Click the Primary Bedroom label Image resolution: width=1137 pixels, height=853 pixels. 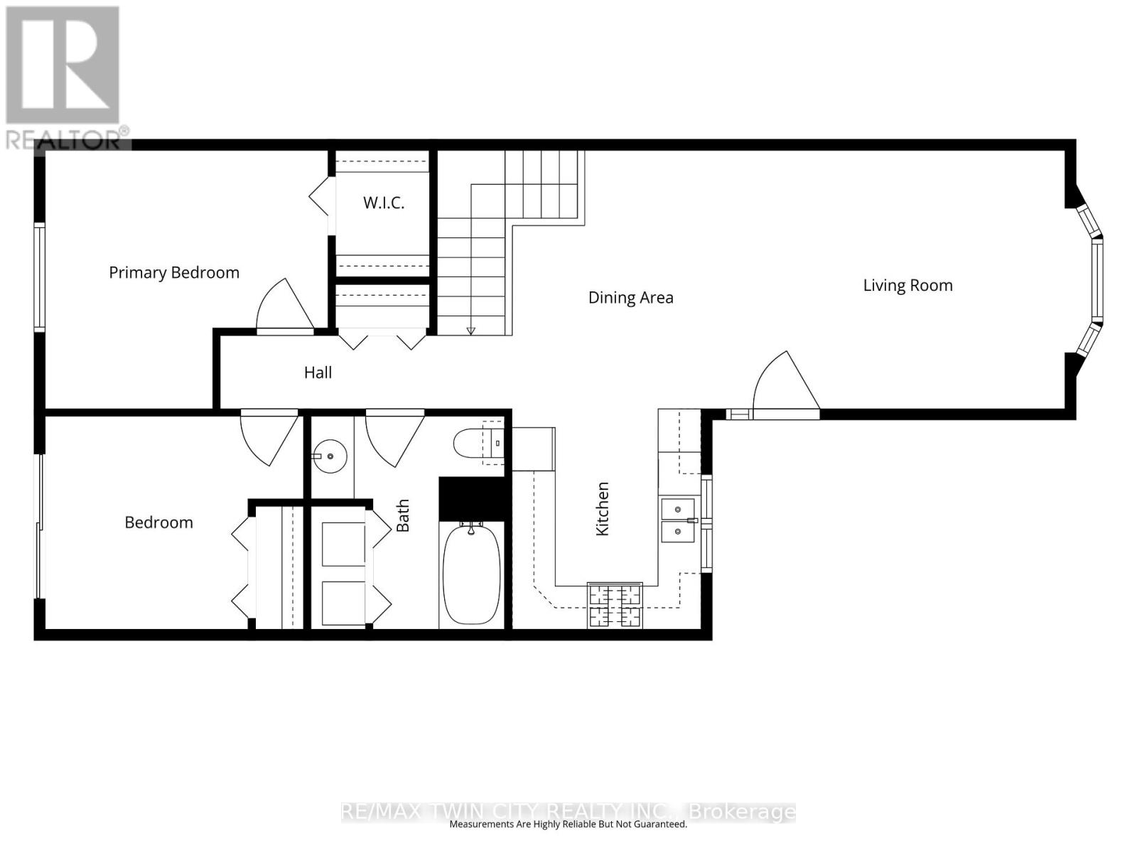pos(174,273)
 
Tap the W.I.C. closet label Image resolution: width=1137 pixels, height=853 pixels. pos(383,203)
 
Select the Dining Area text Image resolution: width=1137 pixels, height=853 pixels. pos(630,298)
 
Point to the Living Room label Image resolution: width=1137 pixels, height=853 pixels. pos(907,285)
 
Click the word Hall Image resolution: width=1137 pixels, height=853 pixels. pos(318,372)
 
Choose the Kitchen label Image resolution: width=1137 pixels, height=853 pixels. pos(603,508)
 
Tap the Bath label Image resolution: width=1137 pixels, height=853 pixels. pos(402,515)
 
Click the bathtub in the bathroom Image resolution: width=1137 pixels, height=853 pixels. pos(471,574)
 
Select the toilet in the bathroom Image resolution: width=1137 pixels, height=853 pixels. pos(478,444)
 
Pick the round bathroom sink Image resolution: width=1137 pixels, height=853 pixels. pos(330,456)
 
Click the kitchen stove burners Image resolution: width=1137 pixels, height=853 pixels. pos(615,605)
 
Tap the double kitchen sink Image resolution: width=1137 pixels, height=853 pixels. pos(678,520)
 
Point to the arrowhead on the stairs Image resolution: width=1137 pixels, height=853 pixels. pos(471,331)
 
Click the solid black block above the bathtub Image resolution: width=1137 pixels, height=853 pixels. pos(472,499)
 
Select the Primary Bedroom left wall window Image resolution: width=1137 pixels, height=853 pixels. pos(39,277)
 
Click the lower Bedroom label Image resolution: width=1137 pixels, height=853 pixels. pos(159,522)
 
